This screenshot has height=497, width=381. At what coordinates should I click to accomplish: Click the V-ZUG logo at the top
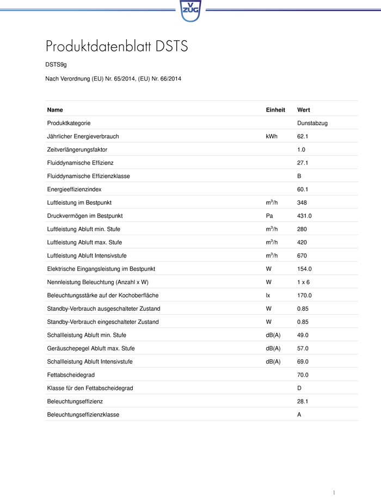click(190, 10)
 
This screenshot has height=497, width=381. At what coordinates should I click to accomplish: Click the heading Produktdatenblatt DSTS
click(116, 46)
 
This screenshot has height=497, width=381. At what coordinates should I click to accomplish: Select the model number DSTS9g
click(56, 65)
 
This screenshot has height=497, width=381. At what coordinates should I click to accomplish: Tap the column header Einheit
click(275, 110)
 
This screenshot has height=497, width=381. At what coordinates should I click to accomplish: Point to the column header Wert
click(304, 110)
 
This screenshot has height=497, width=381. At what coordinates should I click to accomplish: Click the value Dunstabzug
click(312, 123)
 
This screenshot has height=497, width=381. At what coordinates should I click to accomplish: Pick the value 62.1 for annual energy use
click(303, 136)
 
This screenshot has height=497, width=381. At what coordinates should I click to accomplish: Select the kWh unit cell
click(271, 136)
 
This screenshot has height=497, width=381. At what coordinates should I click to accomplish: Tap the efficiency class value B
click(299, 176)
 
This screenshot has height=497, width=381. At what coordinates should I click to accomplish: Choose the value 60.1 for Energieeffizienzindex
click(303, 189)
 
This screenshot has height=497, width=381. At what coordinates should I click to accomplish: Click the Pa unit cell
click(269, 216)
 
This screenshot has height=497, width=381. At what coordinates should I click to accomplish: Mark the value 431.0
click(304, 216)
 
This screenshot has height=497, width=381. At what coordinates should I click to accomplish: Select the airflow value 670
click(302, 255)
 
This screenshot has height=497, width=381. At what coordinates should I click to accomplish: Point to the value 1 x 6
click(303, 282)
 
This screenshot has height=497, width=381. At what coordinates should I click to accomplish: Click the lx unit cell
click(268, 295)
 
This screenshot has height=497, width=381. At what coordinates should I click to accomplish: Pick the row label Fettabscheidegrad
click(71, 375)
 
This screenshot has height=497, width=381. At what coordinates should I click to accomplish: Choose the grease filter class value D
click(299, 388)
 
